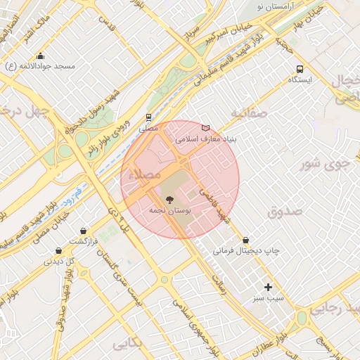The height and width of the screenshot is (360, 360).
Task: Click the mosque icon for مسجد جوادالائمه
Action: [40, 56]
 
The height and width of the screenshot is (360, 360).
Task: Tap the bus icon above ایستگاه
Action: [300, 69]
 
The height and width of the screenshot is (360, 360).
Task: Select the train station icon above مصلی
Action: [148, 117]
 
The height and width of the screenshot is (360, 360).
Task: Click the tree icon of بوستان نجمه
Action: [167, 200]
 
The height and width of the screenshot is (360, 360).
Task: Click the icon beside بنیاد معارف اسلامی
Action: [205, 128]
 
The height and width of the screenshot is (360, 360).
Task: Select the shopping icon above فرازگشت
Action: [84, 231]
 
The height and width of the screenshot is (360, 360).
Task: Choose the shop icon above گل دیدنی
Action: [58, 251]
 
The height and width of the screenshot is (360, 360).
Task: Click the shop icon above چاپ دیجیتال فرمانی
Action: [245, 240]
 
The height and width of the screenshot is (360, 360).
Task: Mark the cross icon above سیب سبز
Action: [268, 287]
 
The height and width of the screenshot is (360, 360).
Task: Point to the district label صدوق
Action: [285, 211]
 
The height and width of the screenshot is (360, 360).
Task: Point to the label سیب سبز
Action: [269, 298]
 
